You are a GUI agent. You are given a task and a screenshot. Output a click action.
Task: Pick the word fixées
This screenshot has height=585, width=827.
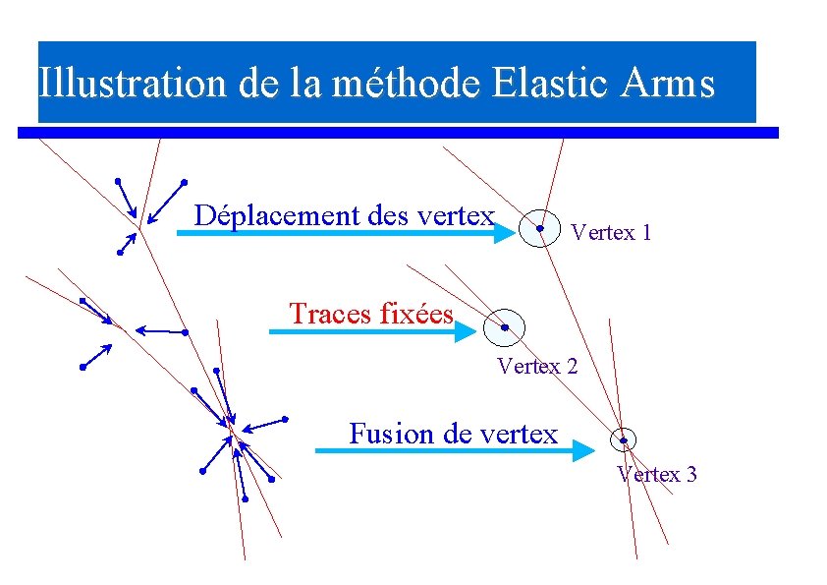click(x=414, y=314)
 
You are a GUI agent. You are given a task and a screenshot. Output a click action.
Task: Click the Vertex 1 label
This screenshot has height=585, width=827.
click(x=610, y=233)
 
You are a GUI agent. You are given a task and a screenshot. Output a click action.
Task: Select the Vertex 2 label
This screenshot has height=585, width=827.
click(x=537, y=368)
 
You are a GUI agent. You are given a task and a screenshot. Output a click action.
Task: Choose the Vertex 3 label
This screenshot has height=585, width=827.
click(x=657, y=475)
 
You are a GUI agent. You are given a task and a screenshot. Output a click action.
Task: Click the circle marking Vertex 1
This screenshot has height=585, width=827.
click(x=539, y=228)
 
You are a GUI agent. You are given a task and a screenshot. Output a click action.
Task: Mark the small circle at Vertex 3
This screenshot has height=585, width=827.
click(x=623, y=439)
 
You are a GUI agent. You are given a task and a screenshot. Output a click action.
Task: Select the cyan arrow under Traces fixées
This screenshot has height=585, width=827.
click(x=373, y=332)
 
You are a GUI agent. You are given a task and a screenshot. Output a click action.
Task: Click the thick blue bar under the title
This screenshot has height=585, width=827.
click(x=398, y=132)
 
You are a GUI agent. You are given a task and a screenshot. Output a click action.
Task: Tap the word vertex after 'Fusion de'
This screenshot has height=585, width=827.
click(x=521, y=434)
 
